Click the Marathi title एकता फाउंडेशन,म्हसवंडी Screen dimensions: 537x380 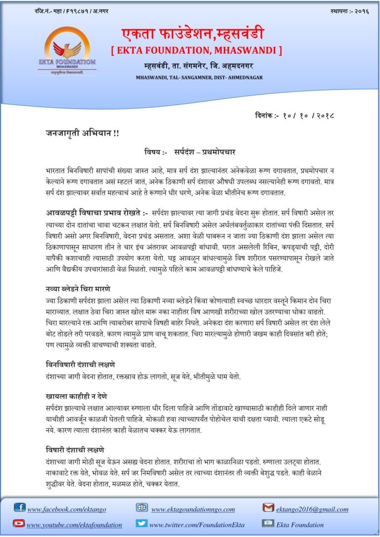pos(193,34)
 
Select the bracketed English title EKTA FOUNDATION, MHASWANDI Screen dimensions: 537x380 pos(196,50)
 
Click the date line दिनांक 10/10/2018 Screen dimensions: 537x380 pos(295,116)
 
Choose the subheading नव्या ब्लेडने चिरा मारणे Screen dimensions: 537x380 pos(78,288)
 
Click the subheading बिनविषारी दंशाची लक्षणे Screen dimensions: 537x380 pos(80,365)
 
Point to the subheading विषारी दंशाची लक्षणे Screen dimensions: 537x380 pos(75,450)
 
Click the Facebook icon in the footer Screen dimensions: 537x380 pos(20,507)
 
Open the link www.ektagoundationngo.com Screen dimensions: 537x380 pos(193,509)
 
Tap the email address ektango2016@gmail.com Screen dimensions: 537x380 pos(312,509)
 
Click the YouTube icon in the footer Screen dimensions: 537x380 pos(19,523)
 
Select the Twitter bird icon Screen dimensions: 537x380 pos(142,523)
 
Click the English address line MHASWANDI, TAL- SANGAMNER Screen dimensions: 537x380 pos(199,78)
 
